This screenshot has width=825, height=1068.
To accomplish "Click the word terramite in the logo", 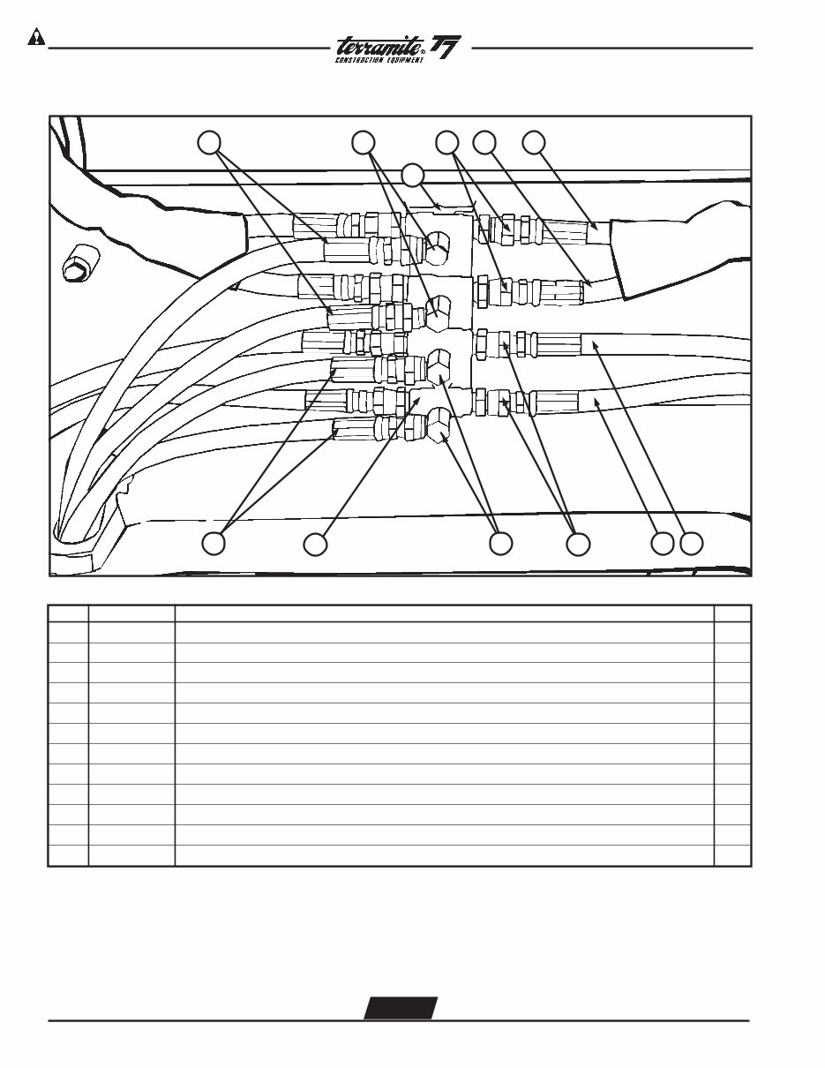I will point(379,44).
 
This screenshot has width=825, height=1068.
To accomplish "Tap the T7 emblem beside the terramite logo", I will point(448,47).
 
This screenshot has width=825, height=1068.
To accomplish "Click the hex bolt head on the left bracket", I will point(75,263).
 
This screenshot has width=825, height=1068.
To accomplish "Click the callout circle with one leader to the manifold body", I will point(315,545).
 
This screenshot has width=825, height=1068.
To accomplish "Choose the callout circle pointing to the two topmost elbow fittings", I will point(363,142).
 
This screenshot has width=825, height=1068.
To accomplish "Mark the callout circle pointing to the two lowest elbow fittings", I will point(500,545).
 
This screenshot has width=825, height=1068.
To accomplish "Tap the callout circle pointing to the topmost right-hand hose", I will point(534,142).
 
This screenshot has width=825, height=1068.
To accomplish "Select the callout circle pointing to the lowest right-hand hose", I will point(662,545).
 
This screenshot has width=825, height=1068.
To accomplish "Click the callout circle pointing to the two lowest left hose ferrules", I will point(214,545).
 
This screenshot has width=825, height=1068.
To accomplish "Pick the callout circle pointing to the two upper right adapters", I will point(447,142).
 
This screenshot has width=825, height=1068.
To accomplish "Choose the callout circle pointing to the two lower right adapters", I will point(578,545).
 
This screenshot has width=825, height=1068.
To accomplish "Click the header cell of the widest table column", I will point(444,613).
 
